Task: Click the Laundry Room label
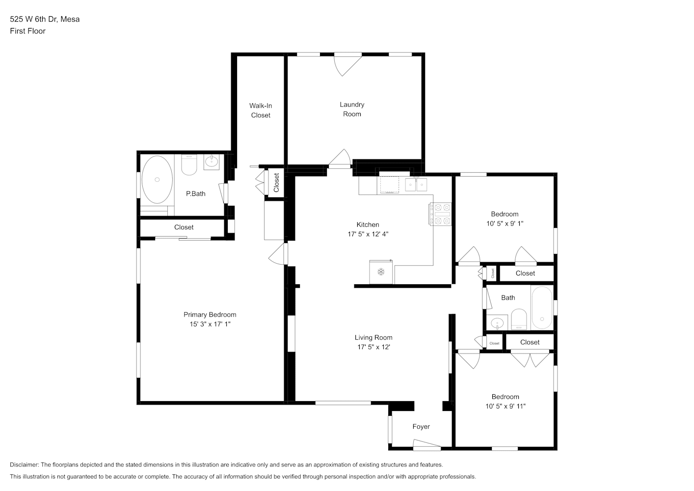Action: [x=352, y=109]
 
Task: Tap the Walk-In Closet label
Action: [x=261, y=110]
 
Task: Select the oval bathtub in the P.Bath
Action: [x=157, y=180]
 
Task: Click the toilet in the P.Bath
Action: [x=189, y=164]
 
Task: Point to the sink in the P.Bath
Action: [x=212, y=162]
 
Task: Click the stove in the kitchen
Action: [x=440, y=214]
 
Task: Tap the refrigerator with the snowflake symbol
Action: [x=381, y=272]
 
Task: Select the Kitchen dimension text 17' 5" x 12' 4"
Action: [x=368, y=234]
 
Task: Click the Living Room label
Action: [x=374, y=337]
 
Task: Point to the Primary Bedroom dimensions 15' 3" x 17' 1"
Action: [x=210, y=324]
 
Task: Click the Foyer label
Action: [x=421, y=427]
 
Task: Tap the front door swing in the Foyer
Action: [x=427, y=445]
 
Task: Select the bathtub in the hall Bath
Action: [x=542, y=307]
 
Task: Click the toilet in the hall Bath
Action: [x=519, y=319]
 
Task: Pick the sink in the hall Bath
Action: [x=497, y=323]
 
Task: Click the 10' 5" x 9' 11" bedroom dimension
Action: [x=506, y=406]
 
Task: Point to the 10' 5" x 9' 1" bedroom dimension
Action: [x=505, y=223]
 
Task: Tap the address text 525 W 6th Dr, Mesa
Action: [x=45, y=19]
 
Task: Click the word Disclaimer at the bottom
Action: [x=25, y=464]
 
